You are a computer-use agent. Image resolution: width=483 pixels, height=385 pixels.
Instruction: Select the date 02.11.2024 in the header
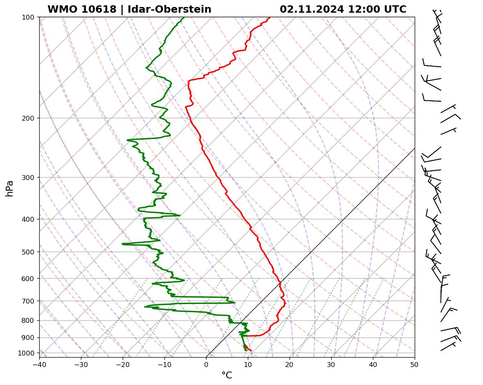click(x=312, y=9)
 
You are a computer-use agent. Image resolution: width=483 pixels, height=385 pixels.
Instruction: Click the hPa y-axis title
click(x=9, y=189)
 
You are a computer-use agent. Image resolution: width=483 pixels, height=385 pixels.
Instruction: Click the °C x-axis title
click(x=227, y=376)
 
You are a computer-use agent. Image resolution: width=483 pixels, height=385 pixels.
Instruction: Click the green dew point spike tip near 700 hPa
click(x=235, y=303)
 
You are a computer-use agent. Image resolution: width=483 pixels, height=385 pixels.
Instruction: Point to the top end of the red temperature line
click(x=270, y=17)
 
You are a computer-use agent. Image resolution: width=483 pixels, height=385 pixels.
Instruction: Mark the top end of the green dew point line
click(x=184, y=17)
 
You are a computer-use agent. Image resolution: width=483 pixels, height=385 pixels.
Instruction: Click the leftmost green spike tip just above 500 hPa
click(x=122, y=244)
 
